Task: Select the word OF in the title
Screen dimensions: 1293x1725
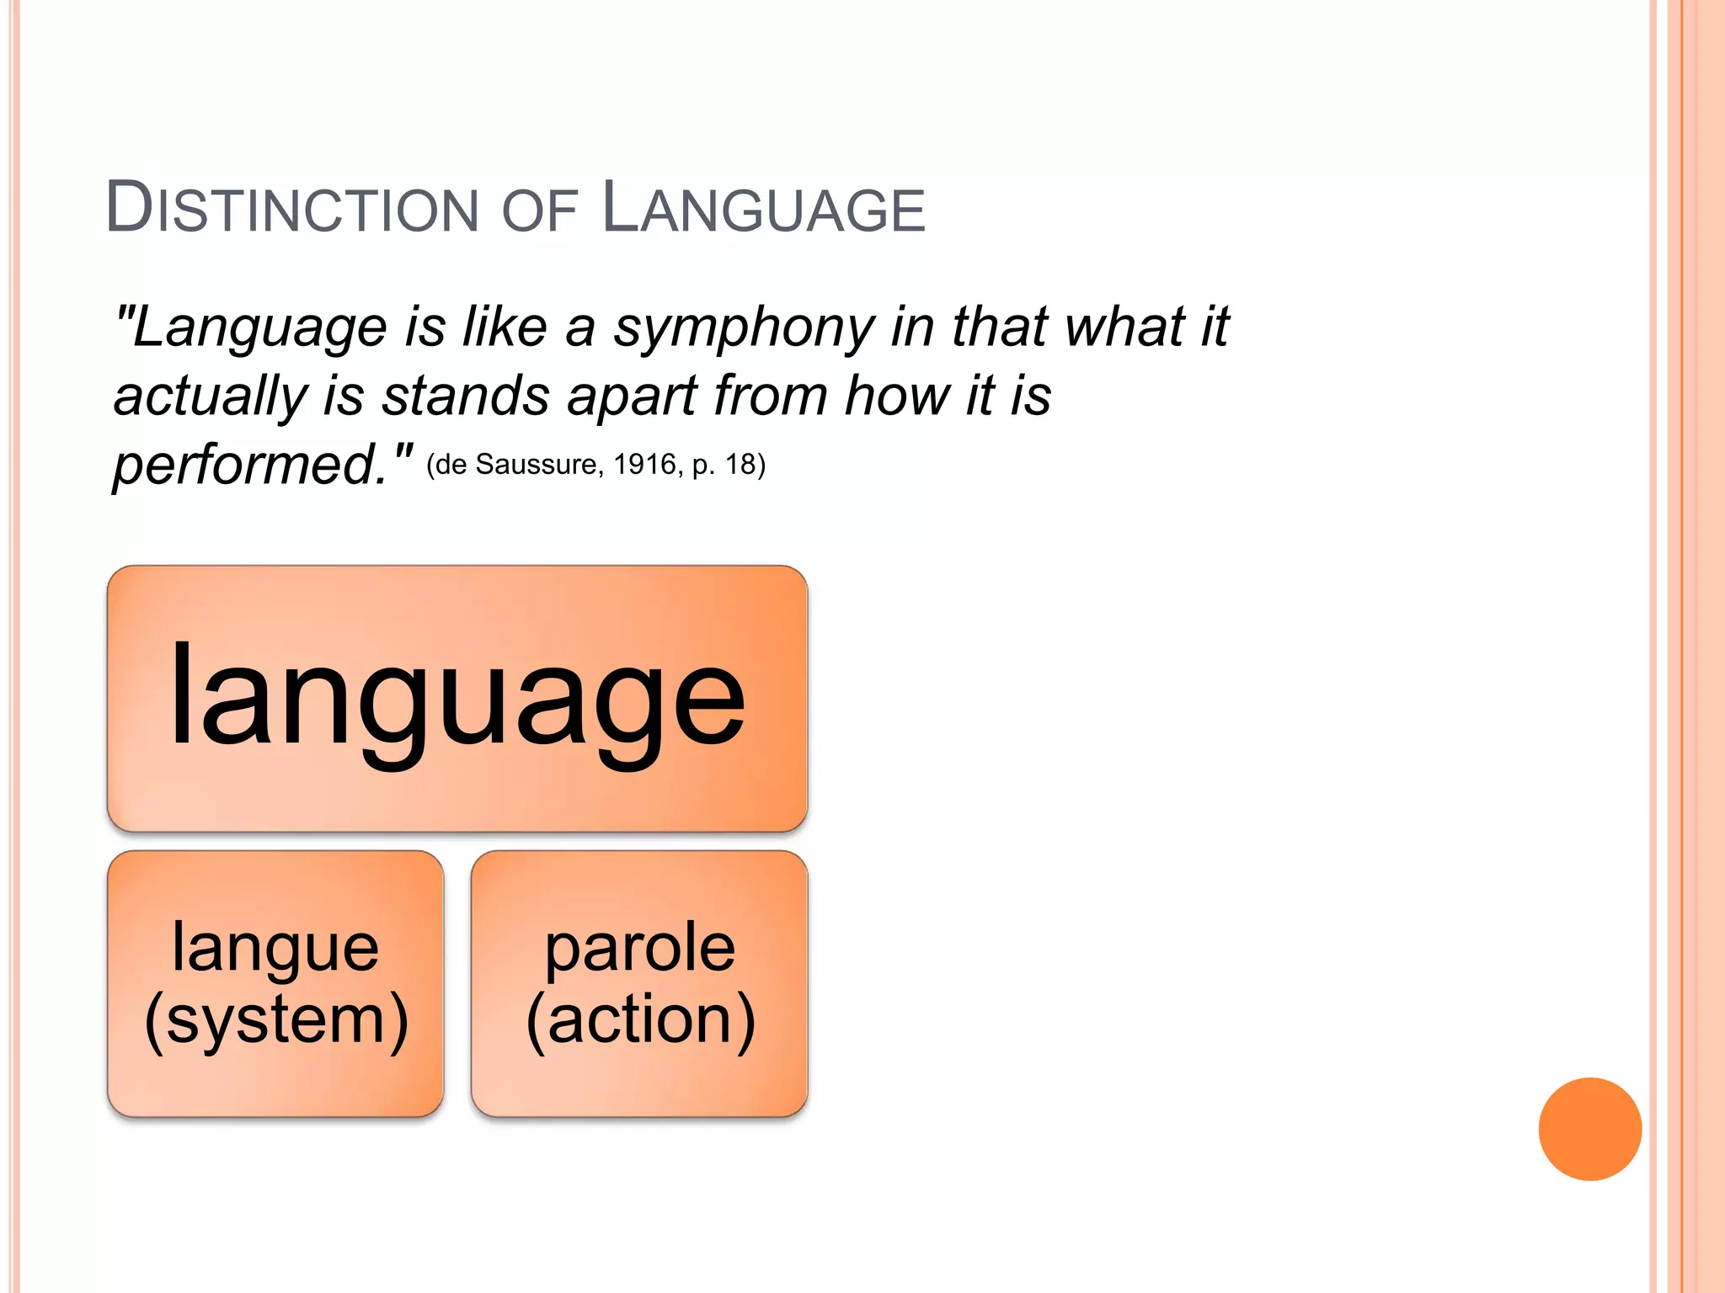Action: click(539, 210)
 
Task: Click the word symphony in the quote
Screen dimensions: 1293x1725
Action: click(745, 328)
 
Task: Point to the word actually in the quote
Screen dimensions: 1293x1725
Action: click(210, 397)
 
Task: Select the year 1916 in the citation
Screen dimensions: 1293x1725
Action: click(645, 465)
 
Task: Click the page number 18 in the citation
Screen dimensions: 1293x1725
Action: click(740, 465)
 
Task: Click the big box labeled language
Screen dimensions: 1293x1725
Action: click(457, 699)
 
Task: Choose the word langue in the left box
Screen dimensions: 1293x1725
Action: click(275, 948)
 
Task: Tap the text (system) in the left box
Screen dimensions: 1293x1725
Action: click(275, 1020)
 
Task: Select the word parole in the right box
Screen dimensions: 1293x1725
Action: click(639, 948)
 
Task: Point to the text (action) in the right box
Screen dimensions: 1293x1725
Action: click(639, 1020)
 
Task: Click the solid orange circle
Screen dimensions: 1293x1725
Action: click(1589, 1129)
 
